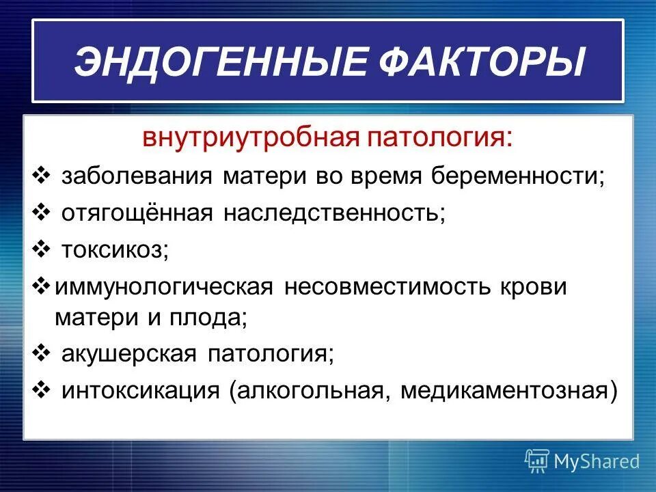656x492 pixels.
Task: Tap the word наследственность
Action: pyautogui.click(x=333, y=213)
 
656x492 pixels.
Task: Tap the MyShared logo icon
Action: pyautogui.click(x=537, y=461)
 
